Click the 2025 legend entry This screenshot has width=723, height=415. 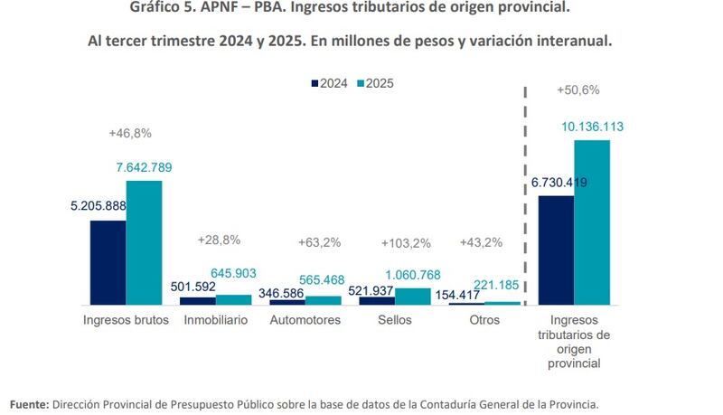pos(375,82)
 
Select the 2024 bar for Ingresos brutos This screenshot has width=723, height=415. pos(108,262)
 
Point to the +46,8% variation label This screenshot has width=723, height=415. pos(130,133)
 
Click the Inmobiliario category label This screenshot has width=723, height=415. pos(215,321)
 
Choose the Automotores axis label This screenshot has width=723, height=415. pos(305,321)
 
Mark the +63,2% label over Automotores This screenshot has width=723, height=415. pos(320,242)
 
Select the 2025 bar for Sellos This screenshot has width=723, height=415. pos(412,296)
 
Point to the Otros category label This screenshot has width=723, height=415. pos(484,321)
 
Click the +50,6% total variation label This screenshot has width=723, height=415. pos(578,90)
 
